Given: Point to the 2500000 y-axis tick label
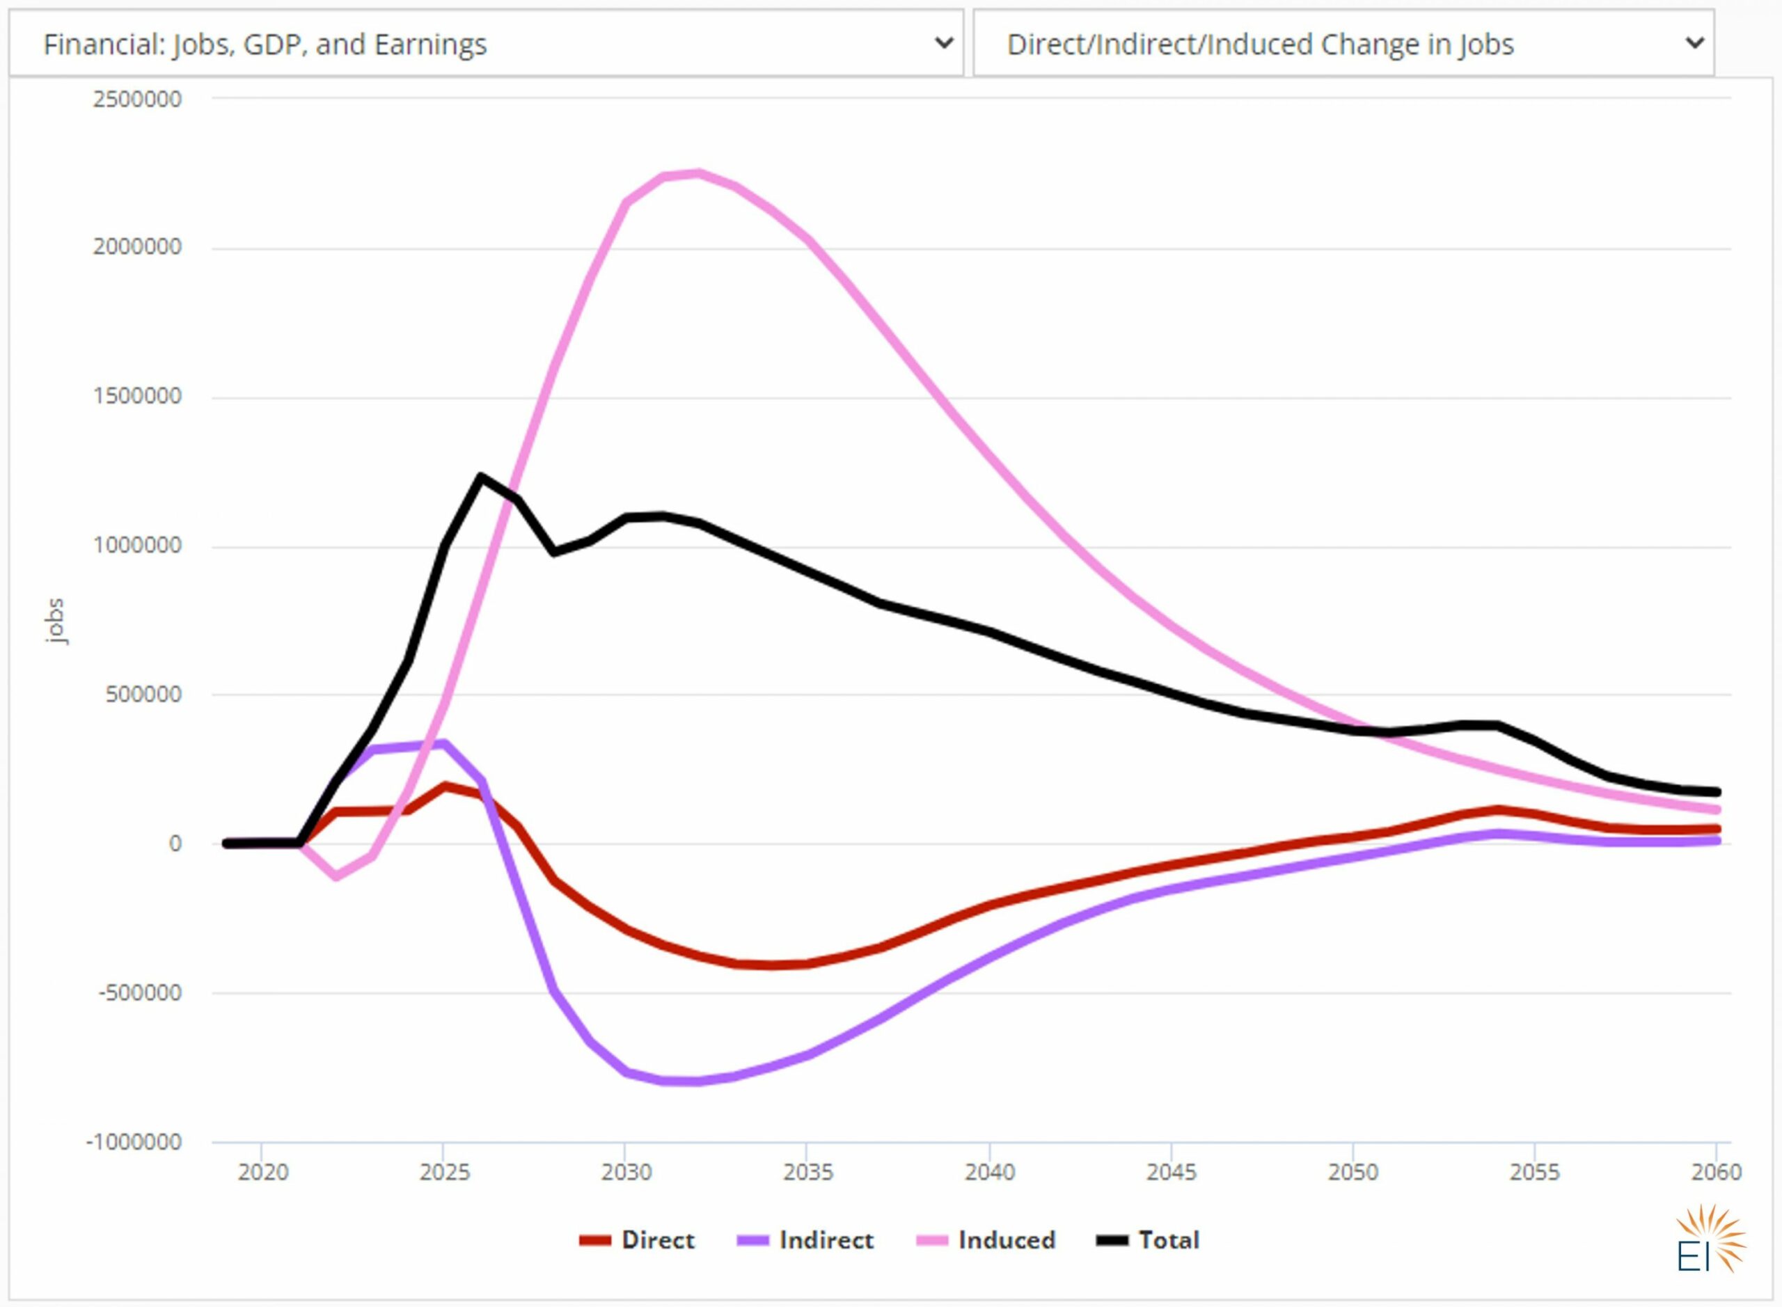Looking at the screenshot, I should click(x=137, y=99).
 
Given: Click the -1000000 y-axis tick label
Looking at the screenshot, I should click(x=134, y=1141).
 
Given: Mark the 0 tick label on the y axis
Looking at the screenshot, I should click(x=175, y=843).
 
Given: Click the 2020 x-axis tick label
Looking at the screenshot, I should click(x=262, y=1172).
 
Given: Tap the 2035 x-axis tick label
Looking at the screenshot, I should click(x=807, y=1172).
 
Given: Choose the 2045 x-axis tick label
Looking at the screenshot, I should click(x=1170, y=1172).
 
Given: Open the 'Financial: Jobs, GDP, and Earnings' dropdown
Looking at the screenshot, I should click(x=486, y=44).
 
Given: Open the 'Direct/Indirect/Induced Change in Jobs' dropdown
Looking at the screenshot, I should click(x=1343, y=44).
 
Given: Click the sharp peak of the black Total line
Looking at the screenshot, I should click(x=480, y=476).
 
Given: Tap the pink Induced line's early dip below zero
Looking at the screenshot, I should click(x=336, y=876).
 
